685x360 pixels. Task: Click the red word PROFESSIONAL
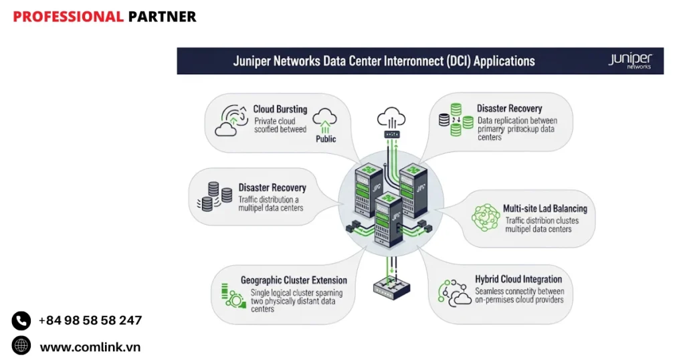(x=68, y=17)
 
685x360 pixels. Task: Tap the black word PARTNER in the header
(x=163, y=17)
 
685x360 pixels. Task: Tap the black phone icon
(x=21, y=321)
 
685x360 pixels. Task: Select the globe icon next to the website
(x=21, y=345)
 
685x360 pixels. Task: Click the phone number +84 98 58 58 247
(x=90, y=321)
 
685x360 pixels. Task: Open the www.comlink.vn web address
(x=90, y=347)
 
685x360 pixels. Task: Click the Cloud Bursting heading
(x=280, y=109)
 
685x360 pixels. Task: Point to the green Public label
(x=326, y=139)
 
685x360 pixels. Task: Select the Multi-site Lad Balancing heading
(x=545, y=209)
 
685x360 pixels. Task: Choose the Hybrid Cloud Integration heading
(x=518, y=279)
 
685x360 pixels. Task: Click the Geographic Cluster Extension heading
(x=294, y=280)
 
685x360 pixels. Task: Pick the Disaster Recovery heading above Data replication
(x=509, y=108)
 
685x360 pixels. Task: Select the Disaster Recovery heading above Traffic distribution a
(x=272, y=188)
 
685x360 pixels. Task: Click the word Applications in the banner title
(x=504, y=61)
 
